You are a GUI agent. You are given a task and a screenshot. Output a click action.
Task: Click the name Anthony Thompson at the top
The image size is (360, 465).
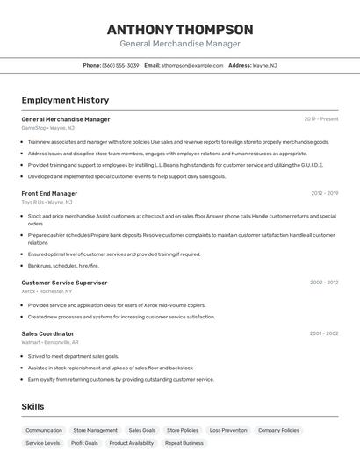tap(179, 29)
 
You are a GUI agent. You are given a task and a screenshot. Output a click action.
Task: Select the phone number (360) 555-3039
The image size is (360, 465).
tap(120, 65)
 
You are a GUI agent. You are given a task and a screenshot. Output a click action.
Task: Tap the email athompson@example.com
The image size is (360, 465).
tap(191, 65)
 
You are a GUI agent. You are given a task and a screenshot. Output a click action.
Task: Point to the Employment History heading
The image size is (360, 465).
tap(65, 100)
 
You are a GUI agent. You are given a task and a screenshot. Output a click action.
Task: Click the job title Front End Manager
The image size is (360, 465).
tap(49, 193)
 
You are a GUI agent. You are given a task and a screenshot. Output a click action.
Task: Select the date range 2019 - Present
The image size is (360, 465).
tap(320, 119)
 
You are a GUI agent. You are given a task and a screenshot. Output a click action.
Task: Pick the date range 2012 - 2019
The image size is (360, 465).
tap(324, 193)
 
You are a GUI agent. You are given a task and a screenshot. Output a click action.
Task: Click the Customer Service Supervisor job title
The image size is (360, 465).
tap(64, 283)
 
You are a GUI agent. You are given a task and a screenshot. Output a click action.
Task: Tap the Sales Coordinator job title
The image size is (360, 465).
tap(47, 333)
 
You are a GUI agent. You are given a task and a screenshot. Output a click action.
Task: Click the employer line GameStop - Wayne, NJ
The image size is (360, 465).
tap(47, 128)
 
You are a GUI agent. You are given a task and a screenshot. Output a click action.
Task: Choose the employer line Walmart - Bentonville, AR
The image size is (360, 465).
tap(50, 342)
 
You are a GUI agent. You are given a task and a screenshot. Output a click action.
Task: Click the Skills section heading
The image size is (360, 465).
tap(32, 406)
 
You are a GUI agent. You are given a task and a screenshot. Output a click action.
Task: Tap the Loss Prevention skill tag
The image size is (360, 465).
tap(228, 430)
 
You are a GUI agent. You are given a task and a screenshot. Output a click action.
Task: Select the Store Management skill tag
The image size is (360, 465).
tap(95, 430)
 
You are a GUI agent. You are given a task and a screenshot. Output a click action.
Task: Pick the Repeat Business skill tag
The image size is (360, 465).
tap(184, 443)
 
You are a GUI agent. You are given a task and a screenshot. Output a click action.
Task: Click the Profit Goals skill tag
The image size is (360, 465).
tap(84, 443)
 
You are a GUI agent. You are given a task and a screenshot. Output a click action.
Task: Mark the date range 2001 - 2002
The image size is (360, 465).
tap(323, 333)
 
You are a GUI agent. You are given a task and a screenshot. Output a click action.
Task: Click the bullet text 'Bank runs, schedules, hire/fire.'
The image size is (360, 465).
tap(63, 266)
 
